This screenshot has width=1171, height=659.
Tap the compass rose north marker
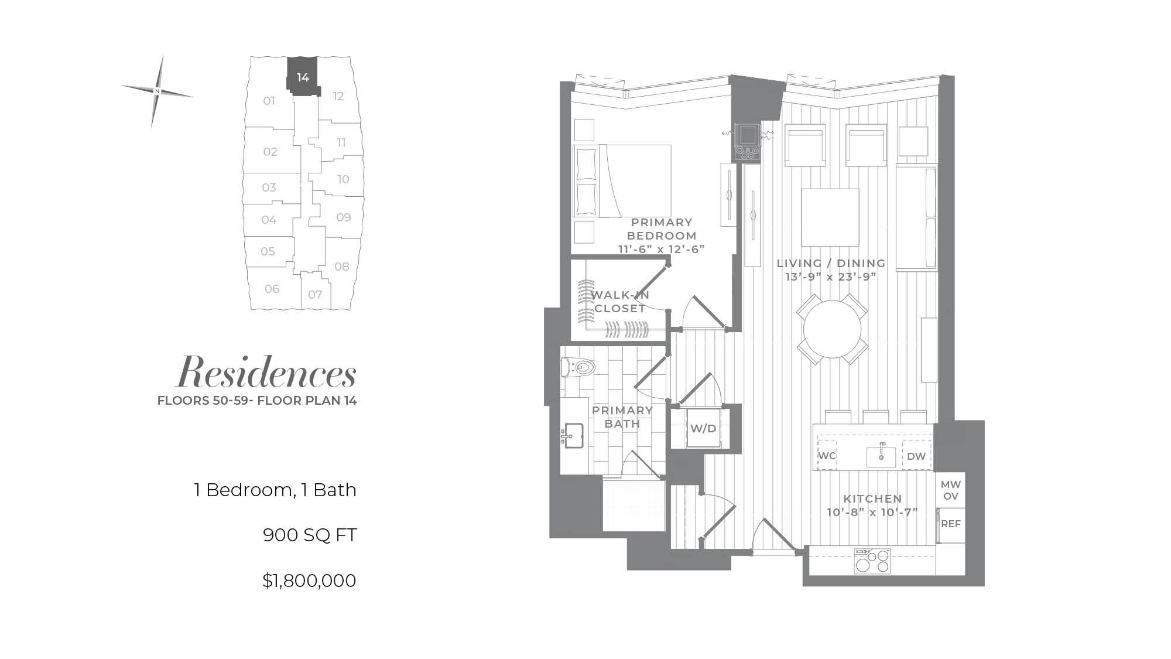click(x=157, y=91)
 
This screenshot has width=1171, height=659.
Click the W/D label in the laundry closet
click(x=703, y=428)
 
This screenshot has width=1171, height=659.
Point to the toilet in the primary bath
click(x=578, y=367)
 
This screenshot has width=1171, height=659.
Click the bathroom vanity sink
click(x=574, y=435)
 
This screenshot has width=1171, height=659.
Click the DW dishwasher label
click(x=916, y=456)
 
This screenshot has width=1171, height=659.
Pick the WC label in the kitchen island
click(x=827, y=456)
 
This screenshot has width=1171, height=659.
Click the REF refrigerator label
click(x=951, y=524)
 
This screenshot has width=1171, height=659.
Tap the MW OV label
click(x=951, y=490)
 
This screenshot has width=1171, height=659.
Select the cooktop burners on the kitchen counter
click(x=872, y=561)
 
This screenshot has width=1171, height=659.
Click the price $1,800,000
click(x=309, y=581)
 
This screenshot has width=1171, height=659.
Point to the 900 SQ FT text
click(x=310, y=535)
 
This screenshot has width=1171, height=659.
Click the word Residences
click(x=267, y=373)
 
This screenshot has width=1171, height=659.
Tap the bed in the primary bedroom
click(x=622, y=181)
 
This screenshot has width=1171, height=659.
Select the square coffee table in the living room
click(x=830, y=217)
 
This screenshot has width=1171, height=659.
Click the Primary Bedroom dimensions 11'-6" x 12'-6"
click(x=662, y=249)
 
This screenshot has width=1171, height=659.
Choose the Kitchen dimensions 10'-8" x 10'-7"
click(x=872, y=513)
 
